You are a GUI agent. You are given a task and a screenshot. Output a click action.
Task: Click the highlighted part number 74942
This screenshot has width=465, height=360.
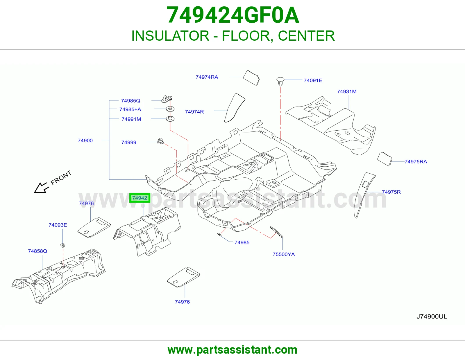click(x=139, y=198)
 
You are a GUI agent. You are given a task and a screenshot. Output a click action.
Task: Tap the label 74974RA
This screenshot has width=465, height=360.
click(x=207, y=77)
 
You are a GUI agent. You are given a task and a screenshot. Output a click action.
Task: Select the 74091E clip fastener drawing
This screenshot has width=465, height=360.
click(x=280, y=82)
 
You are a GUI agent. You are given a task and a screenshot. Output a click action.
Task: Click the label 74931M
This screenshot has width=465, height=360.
click(x=347, y=91)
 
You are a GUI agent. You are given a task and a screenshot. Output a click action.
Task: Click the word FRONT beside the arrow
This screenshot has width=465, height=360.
click(x=61, y=178)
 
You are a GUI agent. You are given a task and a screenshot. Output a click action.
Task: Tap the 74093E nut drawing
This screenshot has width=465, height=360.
click(x=63, y=245)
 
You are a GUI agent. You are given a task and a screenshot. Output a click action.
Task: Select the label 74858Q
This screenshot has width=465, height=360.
click(x=37, y=251)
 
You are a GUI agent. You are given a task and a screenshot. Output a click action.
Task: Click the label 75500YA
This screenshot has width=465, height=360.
click(x=284, y=254)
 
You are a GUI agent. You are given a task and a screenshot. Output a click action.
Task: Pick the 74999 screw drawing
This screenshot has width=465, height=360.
click(x=160, y=141)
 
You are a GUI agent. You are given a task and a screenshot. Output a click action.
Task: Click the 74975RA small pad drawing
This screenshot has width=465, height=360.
click(x=384, y=159)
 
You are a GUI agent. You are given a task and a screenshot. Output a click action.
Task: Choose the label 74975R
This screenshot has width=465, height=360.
click(x=391, y=192)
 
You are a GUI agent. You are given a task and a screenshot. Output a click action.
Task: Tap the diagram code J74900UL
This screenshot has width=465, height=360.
click(x=432, y=317)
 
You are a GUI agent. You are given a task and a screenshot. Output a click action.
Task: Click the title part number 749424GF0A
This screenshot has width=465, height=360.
click(x=233, y=15)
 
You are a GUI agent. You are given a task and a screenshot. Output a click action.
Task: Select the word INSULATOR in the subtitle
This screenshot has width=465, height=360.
click(x=170, y=36)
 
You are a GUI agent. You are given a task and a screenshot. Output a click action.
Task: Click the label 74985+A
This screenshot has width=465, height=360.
click(x=130, y=109)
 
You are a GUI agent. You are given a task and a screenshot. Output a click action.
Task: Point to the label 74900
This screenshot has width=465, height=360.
click(x=85, y=141)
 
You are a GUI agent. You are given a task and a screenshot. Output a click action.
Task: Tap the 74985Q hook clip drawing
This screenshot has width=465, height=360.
click(x=167, y=99)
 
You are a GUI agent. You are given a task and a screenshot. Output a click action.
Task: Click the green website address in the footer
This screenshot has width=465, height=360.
click(x=233, y=350)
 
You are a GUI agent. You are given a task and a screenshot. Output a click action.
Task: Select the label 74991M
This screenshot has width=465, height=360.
click(x=131, y=119)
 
